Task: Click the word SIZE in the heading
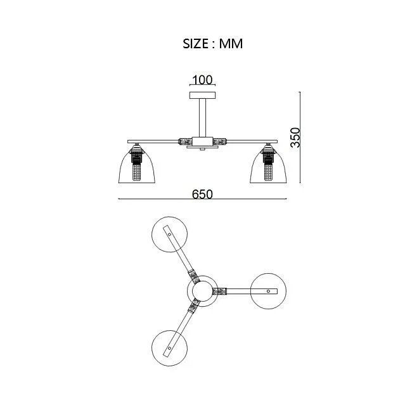tap(196, 44)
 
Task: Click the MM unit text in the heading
tap(231, 44)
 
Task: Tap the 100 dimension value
tap(202, 80)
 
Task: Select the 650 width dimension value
tap(202, 195)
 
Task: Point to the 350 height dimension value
tap(295, 138)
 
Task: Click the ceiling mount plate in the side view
tap(203, 95)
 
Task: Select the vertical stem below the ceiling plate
tap(202, 118)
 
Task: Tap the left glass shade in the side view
tap(137, 166)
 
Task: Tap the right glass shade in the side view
tap(268, 166)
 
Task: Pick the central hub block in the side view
tap(202, 141)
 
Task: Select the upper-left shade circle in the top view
tap(170, 235)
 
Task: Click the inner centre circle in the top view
tap(202, 291)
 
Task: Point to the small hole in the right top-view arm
tap(268, 291)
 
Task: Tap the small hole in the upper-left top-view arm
tap(170, 235)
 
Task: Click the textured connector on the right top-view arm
tap(220, 291)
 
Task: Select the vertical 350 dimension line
tap(300, 138)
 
